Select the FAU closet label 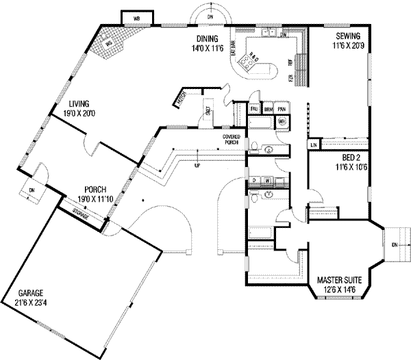253,109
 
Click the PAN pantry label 282,109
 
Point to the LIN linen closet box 313,145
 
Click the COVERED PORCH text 230,141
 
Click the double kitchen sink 271,32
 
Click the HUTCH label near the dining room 181,99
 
